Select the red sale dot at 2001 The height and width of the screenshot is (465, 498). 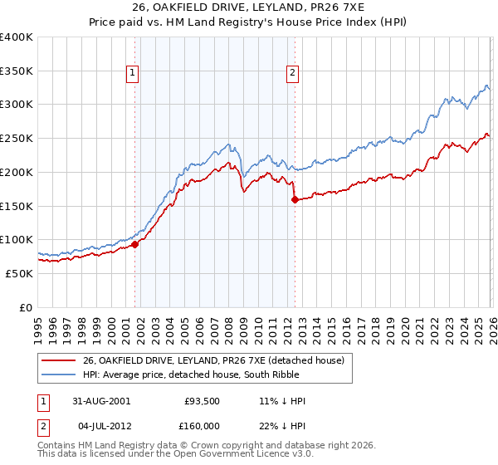pyautogui.click(x=135, y=243)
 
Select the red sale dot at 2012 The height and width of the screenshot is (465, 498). pyautogui.click(x=295, y=199)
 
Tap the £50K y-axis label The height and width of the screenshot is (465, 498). pyautogui.click(x=20, y=273)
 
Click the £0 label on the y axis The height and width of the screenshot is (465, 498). pyautogui.click(x=27, y=307)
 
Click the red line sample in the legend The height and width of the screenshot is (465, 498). pyautogui.click(x=59, y=360)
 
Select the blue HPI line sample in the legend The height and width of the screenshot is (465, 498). pyautogui.click(x=59, y=374)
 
